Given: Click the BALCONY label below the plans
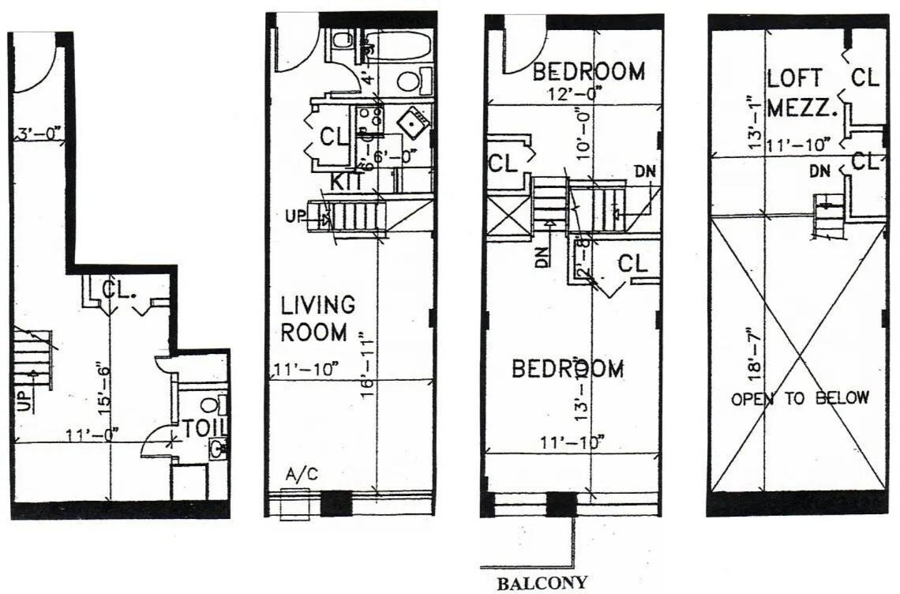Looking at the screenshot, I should [542, 584].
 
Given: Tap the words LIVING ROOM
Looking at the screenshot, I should [317, 318].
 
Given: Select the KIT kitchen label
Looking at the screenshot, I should [347, 181].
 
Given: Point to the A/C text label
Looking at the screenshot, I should [302, 476].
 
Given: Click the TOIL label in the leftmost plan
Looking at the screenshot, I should [204, 427].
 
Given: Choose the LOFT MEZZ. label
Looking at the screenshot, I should [801, 93].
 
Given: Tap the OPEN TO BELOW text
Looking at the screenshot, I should [800, 398].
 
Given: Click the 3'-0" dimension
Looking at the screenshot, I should [39, 133].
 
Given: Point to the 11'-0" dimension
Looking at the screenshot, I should [93, 433].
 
